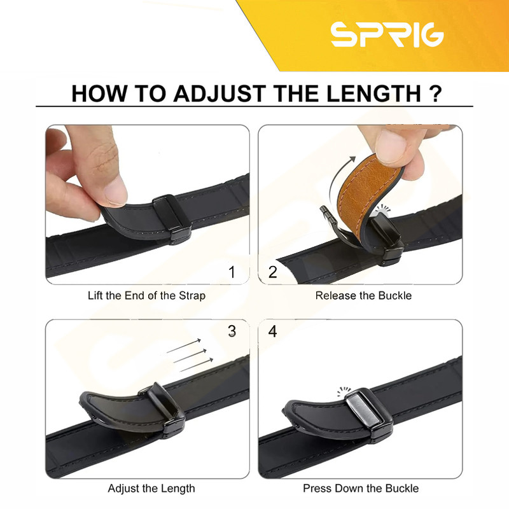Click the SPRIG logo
click(387, 35)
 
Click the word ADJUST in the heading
click(220, 94)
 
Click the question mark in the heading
click(435, 94)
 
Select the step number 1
click(232, 272)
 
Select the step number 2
click(273, 272)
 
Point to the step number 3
click(232, 331)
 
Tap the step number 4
click(273, 331)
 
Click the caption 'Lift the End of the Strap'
click(147, 296)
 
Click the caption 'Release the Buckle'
click(363, 296)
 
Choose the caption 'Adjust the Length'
click(151, 489)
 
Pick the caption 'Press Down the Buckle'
click(361, 488)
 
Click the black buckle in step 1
click(171, 218)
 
